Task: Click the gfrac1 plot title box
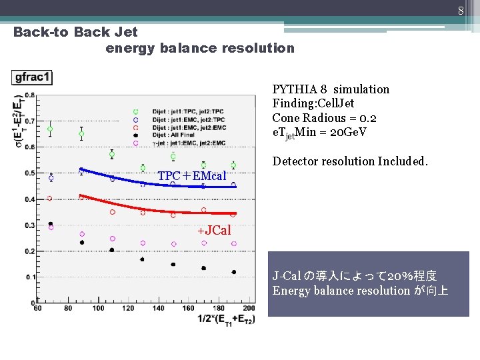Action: tap(31, 77)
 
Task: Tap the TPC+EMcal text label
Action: tap(192, 176)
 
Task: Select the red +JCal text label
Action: tap(214, 231)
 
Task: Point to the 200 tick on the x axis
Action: tap(249, 308)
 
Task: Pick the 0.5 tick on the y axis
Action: tap(31, 173)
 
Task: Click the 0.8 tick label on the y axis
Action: tap(31, 95)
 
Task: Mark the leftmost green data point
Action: tap(50, 129)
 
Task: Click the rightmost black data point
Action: tap(233, 272)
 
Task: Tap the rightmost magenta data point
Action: tap(233, 244)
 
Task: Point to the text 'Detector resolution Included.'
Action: tap(350, 161)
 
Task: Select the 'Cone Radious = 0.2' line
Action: tap(324, 118)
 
